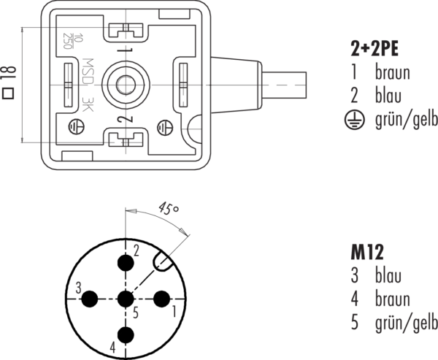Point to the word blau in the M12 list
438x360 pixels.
pyautogui.click(x=387, y=276)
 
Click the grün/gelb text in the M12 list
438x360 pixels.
pyautogui.click(x=406, y=322)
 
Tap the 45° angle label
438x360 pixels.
pyautogui.click(x=169, y=210)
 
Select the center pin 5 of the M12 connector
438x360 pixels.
pyautogui.click(x=126, y=299)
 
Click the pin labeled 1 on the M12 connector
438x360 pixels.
pyautogui.click(x=161, y=299)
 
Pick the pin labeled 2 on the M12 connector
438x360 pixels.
pyautogui.click(x=126, y=263)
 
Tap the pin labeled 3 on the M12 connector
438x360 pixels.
pyautogui.click(x=91, y=299)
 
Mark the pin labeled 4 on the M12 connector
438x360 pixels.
pyautogui.click(x=126, y=334)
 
